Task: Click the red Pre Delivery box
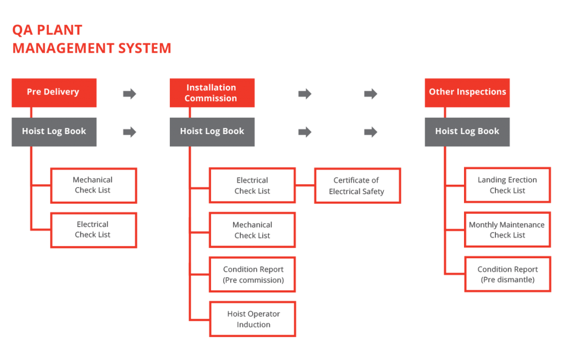54,92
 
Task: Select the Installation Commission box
212,92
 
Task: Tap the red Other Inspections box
467,92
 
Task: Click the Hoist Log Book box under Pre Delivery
54,131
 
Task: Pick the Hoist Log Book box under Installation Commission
212,131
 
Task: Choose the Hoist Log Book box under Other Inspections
467,131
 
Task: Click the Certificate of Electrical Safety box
357,186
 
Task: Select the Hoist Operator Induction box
252,319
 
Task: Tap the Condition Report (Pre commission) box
252,275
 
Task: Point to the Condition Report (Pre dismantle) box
507,275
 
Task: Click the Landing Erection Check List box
507,185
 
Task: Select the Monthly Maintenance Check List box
507,230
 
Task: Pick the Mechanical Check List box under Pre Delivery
93,185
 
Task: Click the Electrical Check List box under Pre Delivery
93,230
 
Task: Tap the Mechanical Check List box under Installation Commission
252,230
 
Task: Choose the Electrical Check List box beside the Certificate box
252,186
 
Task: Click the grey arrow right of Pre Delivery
130,94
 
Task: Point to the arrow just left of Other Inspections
371,94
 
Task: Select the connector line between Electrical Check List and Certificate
305,186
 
